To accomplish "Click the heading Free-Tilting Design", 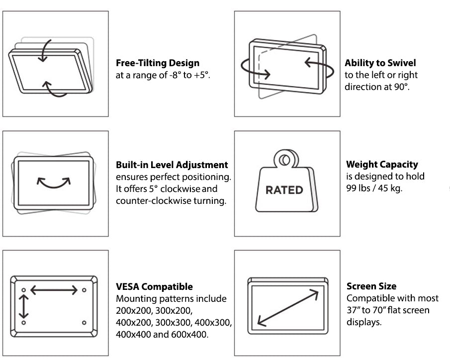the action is click(158, 63).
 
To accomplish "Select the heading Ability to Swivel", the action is click(380, 63).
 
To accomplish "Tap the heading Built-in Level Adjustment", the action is click(172, 165).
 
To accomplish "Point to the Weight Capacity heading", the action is click(382, 164).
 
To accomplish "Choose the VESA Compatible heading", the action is click(155, 286).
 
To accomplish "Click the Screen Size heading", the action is click(371, 286).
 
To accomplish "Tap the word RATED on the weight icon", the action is click(284, 190).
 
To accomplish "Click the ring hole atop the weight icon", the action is click(284, 160).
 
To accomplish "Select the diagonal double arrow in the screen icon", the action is click(288, 308).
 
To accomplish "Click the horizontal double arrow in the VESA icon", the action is click(54, 290).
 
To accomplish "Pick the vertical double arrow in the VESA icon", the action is click(24, 306).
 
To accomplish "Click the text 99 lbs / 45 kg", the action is click(374, 188).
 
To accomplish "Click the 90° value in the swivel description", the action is click(400, 87).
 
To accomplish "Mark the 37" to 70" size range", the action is click(388, 310).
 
